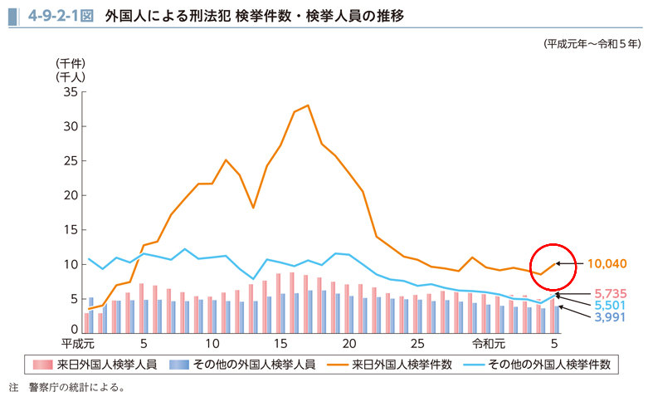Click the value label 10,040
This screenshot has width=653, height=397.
click(x=607, y=264)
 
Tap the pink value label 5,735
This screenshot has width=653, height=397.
click(x=609, y=293)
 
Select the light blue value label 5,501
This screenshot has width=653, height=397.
click(x=609, y=306)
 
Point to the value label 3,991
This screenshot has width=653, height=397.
click(x=609, y=318)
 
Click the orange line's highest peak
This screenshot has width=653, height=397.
click(x=308, y=105)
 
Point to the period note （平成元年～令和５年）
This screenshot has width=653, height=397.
click(x=592, y=45)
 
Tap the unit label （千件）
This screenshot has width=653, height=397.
click(x=71, y=64)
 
